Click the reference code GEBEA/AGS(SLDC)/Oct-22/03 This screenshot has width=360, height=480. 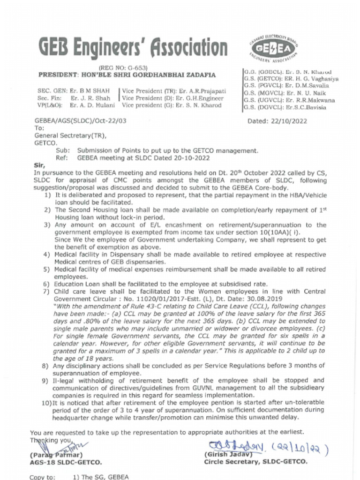pos(81,121)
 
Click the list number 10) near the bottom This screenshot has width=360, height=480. pos(46,403)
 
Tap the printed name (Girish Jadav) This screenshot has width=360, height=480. pos(228,454)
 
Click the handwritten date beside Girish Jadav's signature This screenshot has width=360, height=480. pos(303,446)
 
